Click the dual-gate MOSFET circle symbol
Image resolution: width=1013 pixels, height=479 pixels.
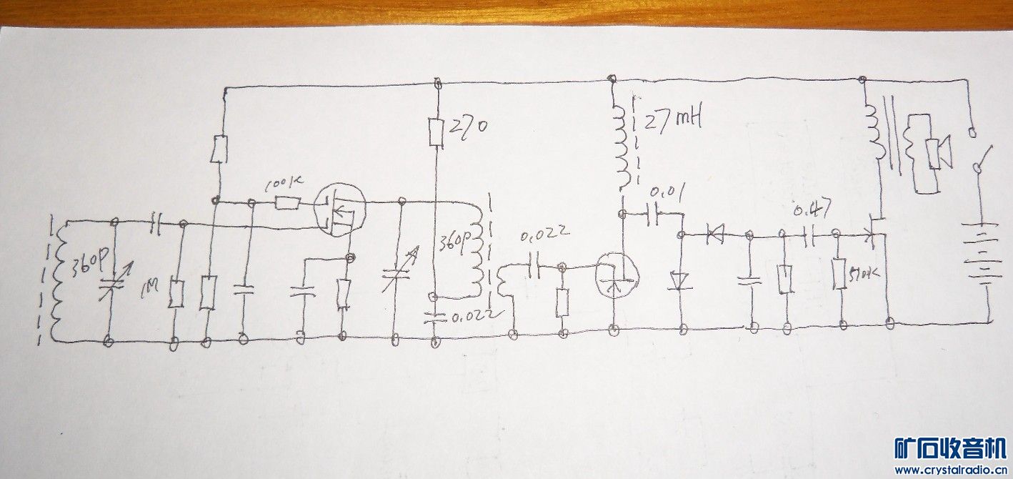pyautogui.click(x=340, y=210)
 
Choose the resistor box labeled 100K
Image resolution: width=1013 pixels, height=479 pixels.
pyautogui.click(x=288, y=204)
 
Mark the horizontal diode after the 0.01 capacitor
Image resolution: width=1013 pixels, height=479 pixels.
pyautogui.click(x=714, y=232)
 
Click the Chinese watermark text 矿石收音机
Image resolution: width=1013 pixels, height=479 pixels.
pyautogui.click(x=950, y=448)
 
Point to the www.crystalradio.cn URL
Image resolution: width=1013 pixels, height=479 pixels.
pyautogui.click(x=950, y=470)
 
